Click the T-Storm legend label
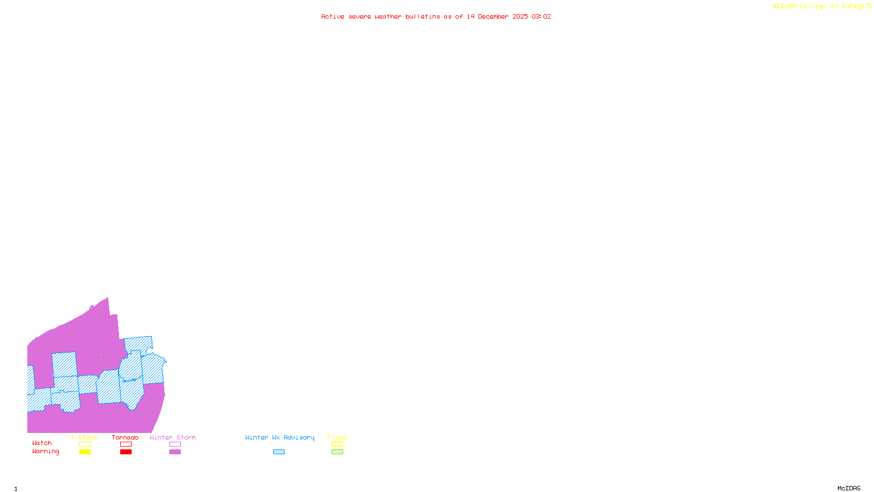click(84, 437)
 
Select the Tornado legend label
click(125, 437)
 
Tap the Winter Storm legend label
click(173, 437)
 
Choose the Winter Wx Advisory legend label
click(280, 437)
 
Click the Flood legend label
click(337, 437)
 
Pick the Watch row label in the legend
click(42, 443)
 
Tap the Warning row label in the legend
click(46, 452)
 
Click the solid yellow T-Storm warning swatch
click(85, 452)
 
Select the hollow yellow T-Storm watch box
click(85, 444)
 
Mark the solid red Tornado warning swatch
click(126, 452)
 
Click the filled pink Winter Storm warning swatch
click(175, 452)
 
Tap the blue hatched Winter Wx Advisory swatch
click(279, 452)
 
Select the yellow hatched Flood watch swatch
click(337, 444)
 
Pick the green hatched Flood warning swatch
click(337, 452)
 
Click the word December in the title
click(493, 16)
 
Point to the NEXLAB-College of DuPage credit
click(819, 7)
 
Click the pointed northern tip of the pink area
click(108, 298)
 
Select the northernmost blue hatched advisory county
click(138, 344)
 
